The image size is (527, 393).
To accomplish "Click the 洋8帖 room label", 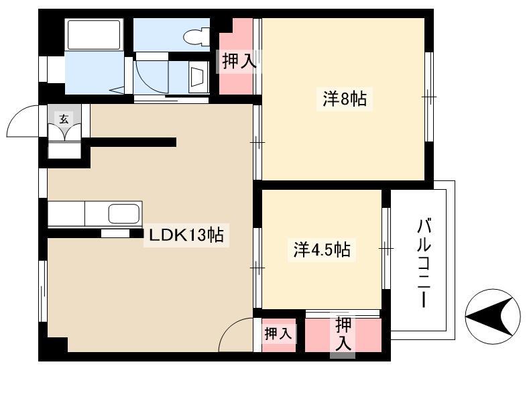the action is (x=345, y=99).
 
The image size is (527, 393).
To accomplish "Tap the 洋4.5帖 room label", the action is (x=322, y=249).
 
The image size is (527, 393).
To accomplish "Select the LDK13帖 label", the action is (x=186, y=235).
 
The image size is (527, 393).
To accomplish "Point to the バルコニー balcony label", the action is (x=424, y=263).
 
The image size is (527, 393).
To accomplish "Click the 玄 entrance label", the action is (x=64, y=119).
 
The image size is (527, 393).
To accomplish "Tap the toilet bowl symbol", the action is (x=196, y=36).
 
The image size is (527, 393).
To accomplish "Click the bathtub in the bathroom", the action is (x=94, y=34).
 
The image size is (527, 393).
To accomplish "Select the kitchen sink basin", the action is (x=123, y=214).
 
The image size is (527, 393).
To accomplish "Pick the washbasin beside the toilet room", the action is (x=198, y=76).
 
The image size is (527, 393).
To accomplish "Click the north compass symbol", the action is (x=493, y=317).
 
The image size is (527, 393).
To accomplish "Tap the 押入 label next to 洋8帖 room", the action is (x=239, y=62).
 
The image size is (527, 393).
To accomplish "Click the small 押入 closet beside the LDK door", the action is (x=279, y=335).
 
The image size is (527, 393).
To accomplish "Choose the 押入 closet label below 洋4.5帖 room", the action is (x=343, y=334).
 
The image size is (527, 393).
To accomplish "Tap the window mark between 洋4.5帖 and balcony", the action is (x=386, y=248).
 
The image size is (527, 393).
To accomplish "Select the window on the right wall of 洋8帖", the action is (x=429, y=97).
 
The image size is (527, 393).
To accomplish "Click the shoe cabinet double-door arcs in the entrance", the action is (x=64, y=132).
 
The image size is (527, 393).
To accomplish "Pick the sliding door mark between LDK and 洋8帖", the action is (x=257, y=143).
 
